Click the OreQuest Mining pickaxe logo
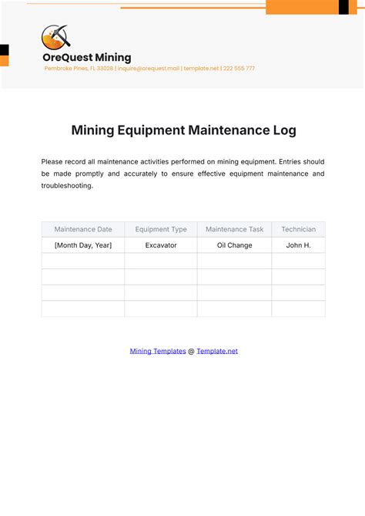pyautogui.click(x=55, y=36)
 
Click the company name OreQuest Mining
pyautogui.click(x=86, y=57)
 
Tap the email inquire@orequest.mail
pyautogui.click(x=149, y=69)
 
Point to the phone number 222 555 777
pyautogui.click(x=239, y=69)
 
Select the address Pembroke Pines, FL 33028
pyautogui.click(x=79, y=69)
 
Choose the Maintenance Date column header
pyautogui.click(x=83, y=229)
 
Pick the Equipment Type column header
pyautogui.click(x=161, y=229)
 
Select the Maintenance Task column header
pyautogui.click(x=235, y=229)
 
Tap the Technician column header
pyautogui.click(x=298, y=229)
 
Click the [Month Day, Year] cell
pyautogui.click(x=83, y=245)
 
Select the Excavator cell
pyautogui.click(x=161, y=245)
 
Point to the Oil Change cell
pyautogui.click(x=235, y=245)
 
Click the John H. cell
pyautogui.click(x=298, y=245)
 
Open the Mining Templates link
pyautogui.click(x=158, y=351)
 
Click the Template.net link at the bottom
pyautogui.click(x=217, y=351)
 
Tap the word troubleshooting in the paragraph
pyautogui.click(x=67, y=186)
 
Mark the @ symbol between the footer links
pyautogui.click(x=191, y=351)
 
